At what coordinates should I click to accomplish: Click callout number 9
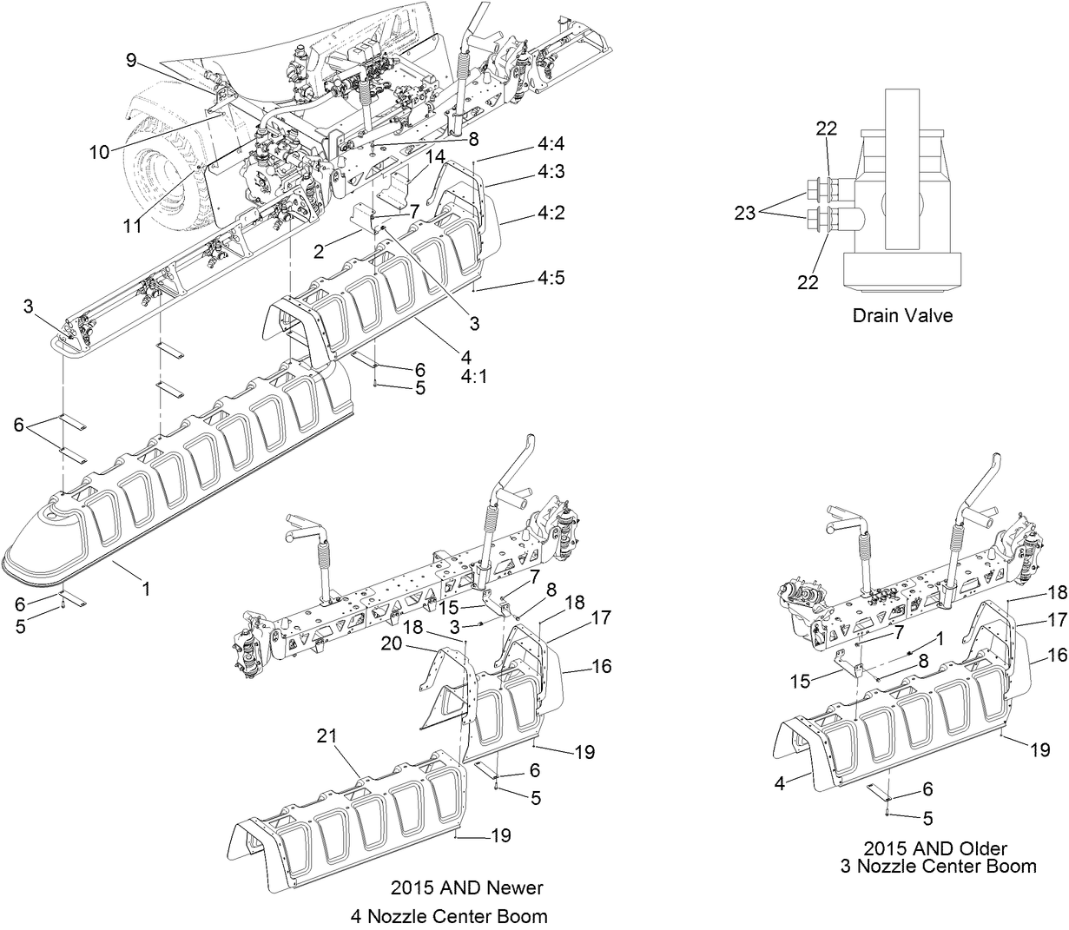point(131,60)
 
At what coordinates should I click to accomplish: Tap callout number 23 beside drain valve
point(745,213)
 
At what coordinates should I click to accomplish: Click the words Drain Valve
point(901,315)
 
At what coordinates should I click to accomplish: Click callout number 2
point(319,252)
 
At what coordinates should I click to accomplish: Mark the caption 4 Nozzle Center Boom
point(448,915)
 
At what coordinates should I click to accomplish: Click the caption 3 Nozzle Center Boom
point(938,866)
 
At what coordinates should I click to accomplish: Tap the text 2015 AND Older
point(935,847)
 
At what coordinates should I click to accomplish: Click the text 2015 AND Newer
point(466,887)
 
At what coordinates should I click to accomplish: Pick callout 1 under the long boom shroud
point(147,589)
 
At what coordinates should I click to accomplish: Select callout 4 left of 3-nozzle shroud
point(779,782)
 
